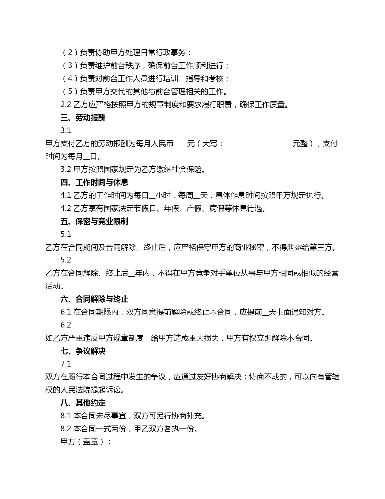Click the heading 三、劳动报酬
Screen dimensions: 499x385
point(83,118)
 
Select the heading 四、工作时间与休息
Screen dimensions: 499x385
point(94,182)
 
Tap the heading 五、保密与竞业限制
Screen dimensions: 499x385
point(94,221)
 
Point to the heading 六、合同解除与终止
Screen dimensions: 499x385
point(94,299)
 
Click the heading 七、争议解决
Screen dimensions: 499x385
point(83,351)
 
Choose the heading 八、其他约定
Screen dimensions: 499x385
point(83,403)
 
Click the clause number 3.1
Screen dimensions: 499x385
point(66,130)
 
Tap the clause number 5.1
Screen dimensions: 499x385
point(66,234)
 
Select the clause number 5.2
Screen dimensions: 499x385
point(66,260)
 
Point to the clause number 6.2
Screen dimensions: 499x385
point(66,325)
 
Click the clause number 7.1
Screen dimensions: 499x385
point(66,364)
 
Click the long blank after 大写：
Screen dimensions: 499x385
point(258,144)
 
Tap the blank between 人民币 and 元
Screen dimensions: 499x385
point(180,144)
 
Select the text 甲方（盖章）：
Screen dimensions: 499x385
point(86,442)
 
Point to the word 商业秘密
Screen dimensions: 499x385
point(249,247)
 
